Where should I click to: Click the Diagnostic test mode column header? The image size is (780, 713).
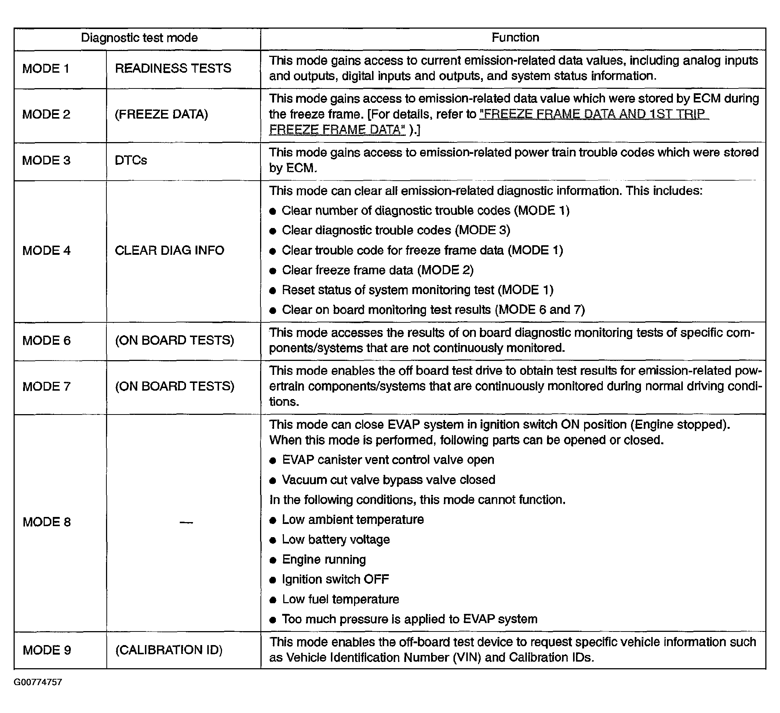[x=139, y=37]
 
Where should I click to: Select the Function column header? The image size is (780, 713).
[x=515, y=37]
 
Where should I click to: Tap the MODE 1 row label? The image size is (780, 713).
[x=45, y=69]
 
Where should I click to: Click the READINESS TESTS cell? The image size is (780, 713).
[x=172, y=68]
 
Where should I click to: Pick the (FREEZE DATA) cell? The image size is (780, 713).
[x=161, y=114]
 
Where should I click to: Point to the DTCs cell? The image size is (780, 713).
[x=131, y=160]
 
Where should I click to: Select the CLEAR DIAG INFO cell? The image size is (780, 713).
[x=169, y=250]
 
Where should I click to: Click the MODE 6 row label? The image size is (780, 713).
[x=47, y=340]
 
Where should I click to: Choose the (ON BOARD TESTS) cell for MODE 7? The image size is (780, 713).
[x=175, y=386]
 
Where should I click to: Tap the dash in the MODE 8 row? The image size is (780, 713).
[x=186, y=522]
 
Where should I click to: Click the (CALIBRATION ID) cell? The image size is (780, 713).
[x=169, y=649]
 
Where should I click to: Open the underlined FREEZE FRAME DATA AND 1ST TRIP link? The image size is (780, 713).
[x=594, y=114]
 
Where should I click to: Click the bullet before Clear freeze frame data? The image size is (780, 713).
[x=273, y=271]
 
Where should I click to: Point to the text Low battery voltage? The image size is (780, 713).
[x=335, y=540]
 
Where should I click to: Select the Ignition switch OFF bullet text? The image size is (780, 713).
[x=335, y=579]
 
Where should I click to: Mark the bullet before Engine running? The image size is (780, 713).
[x=273, y=560]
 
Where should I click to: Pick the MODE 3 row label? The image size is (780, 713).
[x=46, y=160]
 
